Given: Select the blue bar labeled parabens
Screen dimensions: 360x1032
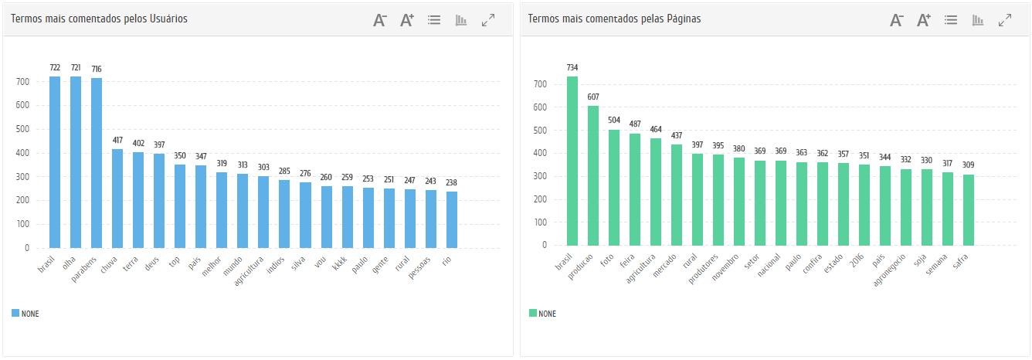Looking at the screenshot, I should click(x=97, y=163).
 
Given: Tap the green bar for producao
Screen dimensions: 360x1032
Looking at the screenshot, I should click(x=593, y=175).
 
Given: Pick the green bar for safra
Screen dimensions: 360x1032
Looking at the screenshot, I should click(x=969, y=209).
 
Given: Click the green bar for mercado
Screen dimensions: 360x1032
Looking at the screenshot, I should click(x=677, y=195).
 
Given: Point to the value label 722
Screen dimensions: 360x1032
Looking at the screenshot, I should click(x=55, y=68).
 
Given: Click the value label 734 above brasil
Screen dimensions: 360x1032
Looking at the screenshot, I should click(x=572, y=67).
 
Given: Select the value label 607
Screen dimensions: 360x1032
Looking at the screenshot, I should click(x=593, y=97).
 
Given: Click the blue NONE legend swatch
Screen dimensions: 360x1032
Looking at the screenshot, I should click(x=15, y=314).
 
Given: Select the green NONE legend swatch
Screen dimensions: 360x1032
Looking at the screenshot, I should click(x=532, y=314).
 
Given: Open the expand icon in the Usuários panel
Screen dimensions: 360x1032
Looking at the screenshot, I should click(x=488, y=21).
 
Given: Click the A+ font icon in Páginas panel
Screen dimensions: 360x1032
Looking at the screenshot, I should click(x=924, y=21).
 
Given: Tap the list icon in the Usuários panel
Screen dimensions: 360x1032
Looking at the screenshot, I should click(x=434, y=21).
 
